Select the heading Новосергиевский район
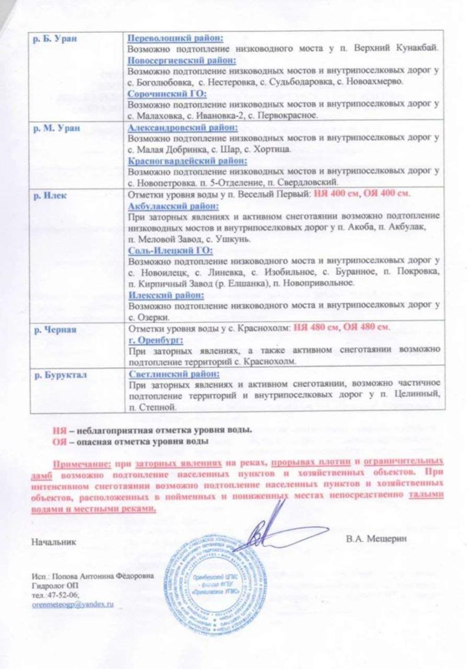click(x=182, y=61)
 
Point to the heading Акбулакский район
click(x=173, y=207)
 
